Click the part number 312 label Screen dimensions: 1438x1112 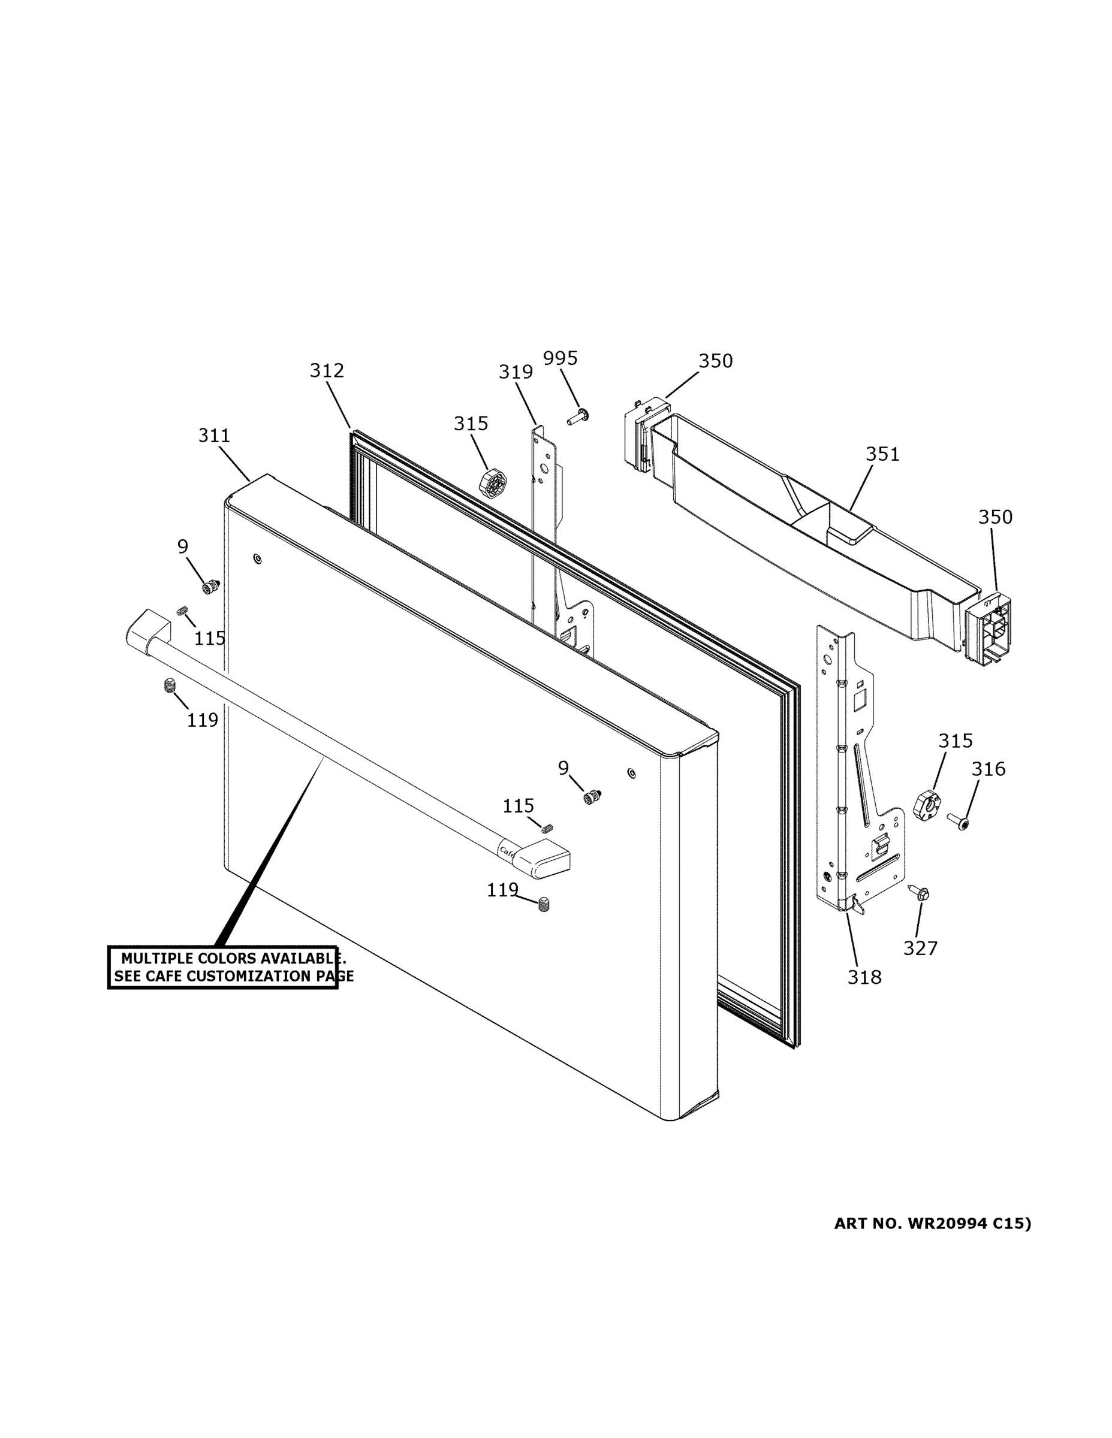coord(327,371)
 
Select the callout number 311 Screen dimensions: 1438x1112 coord(214,435)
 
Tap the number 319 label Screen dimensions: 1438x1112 coord(515,372)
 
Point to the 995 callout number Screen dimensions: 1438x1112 coord(560,358)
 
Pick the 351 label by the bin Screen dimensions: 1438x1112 coord(882,454)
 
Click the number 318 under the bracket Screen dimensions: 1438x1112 coord(864,977)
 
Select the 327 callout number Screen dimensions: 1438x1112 coord(920,948)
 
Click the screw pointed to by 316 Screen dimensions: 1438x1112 coord(959,821)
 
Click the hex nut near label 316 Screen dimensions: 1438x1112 coord(927,803)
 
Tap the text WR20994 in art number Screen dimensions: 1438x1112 coord(947,1223)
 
